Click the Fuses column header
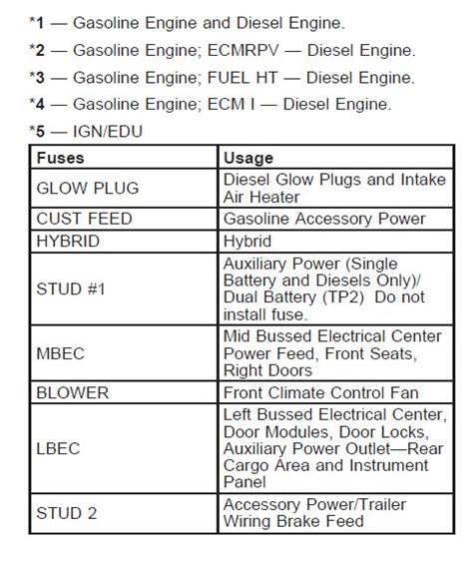[61, 158]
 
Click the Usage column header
[248, 158]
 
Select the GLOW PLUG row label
[87, 187]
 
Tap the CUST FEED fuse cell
[84, 219]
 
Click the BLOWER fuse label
[73, 392]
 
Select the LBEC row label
[59, 448]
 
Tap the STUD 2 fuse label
[67, 514]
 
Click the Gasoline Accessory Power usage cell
[324, 219]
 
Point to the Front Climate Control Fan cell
[320, 392]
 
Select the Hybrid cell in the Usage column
[247, 241]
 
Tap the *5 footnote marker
[37, 129]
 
